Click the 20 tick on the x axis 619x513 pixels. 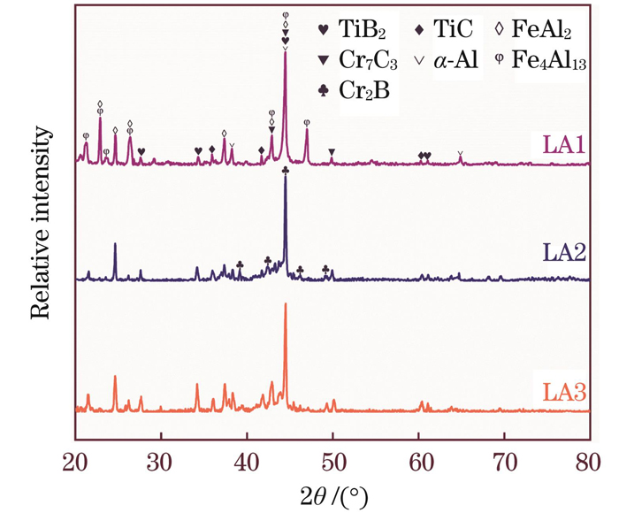point(75,461)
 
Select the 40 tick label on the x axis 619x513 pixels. point(247,461)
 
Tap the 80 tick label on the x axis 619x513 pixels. point(590,461)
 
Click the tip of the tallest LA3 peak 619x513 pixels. point(286,304)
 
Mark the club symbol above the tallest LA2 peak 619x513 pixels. point(285,170)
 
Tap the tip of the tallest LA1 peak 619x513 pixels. point(285,53)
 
